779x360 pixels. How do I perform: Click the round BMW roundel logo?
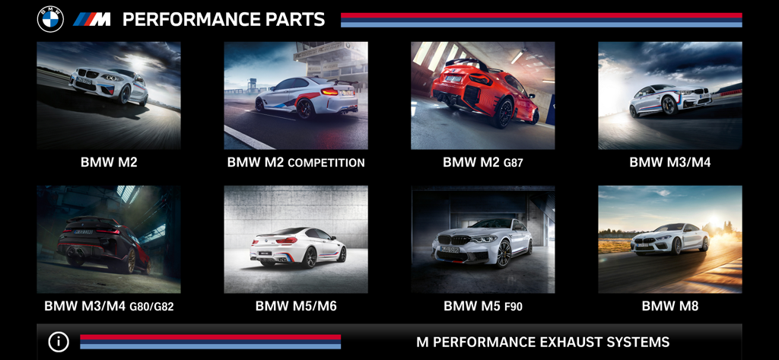[51, 19]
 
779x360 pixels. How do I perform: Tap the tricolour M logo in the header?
[92, 20]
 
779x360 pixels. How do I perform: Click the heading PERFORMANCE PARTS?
[224, 20]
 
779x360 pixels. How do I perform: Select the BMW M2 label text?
[109, 162]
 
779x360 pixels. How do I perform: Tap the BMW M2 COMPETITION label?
[296, 162]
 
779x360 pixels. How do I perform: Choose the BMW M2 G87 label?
[482, 162]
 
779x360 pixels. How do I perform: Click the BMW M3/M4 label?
[669, 162]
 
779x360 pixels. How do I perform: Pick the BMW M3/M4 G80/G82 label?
[109, 307]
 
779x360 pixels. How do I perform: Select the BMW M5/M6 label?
[296, 307]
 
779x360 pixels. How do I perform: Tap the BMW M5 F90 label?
[482, 307]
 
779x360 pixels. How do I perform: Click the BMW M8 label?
[669, 307]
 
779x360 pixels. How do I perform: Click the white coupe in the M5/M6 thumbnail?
[297, 246]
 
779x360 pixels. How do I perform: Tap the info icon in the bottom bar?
[59, 342]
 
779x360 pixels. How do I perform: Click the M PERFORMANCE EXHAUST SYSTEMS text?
[542, 342]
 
